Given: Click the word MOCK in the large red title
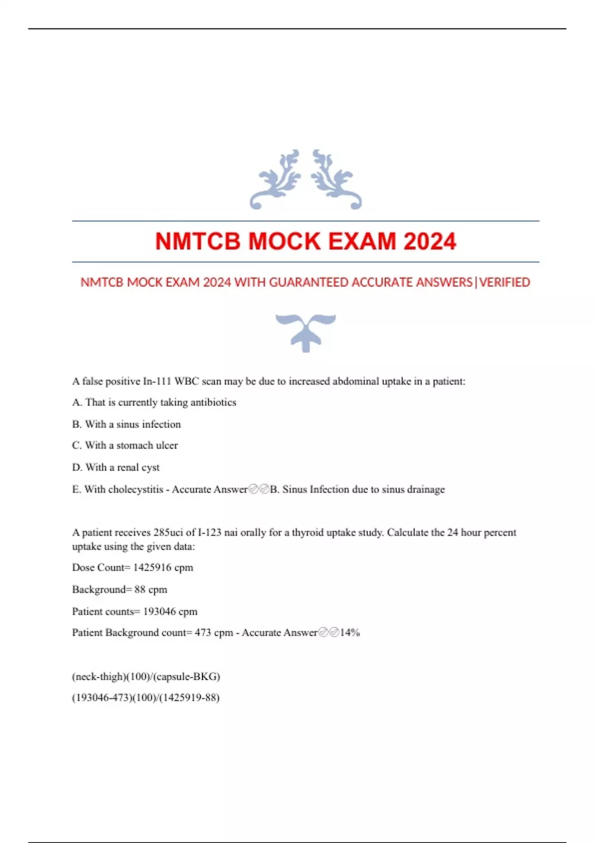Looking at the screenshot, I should (284, 241).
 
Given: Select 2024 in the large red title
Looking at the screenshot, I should (429, 241).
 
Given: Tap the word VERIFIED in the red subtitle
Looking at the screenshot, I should (505, 282).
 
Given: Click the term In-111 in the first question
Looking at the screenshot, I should (157, 381).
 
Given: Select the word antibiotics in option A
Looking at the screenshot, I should (213, 402).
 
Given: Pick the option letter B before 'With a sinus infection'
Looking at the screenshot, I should (76, 424).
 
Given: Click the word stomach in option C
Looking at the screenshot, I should (134, 445).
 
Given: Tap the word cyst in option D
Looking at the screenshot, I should (150, 467).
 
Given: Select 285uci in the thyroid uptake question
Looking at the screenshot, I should (168, 533).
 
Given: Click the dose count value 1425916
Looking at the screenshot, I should (152, 567).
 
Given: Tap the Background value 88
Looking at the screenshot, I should (140, 590).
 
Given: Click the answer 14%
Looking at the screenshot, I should (350, 633).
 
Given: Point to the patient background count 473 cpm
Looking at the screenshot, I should (214, 633).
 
